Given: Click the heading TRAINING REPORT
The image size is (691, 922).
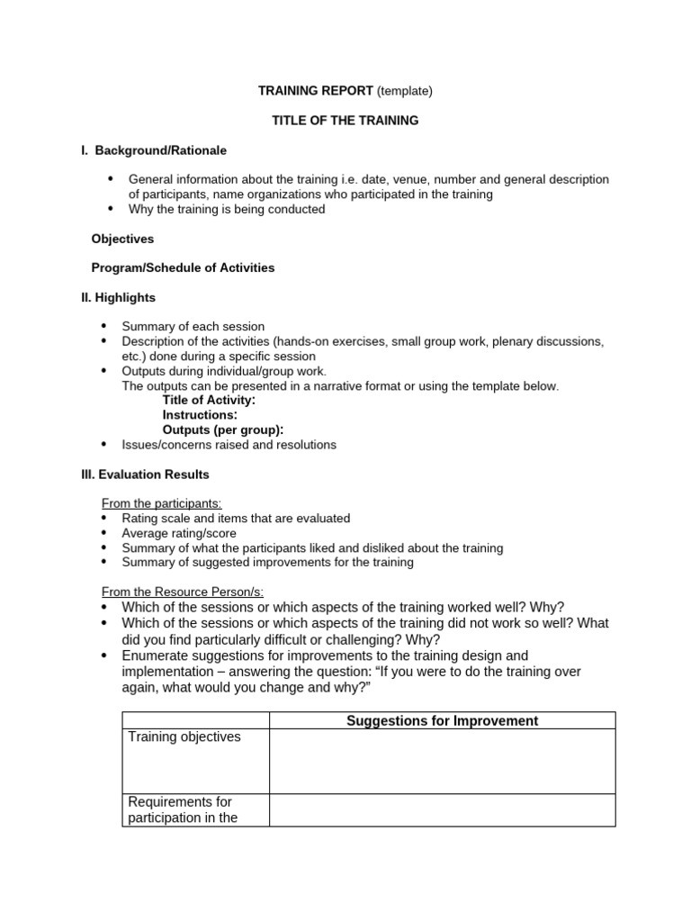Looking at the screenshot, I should click(316, 91).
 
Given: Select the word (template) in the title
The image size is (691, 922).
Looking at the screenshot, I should click(404, 91).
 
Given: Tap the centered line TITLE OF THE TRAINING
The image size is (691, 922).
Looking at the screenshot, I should click(345, 121).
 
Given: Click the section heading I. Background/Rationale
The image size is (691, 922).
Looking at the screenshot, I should click(154, 150).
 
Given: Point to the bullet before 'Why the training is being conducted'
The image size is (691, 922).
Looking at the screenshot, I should click(111, 208).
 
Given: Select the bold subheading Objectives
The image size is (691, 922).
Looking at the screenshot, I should click(122, 239).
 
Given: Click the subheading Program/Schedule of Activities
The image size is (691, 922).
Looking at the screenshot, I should click(183, 268).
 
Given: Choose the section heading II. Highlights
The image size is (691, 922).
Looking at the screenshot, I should click(118, 297).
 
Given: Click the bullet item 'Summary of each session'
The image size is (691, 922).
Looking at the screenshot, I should click(193, 327).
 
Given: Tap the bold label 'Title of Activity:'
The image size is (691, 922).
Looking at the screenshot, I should click(209, 400).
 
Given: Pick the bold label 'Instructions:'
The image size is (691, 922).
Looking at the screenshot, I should click(200, 415).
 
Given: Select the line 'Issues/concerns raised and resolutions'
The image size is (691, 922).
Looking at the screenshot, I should click(229, 445).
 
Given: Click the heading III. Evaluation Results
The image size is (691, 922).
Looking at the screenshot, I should click(145, 475).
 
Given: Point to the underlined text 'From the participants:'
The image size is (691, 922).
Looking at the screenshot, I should click(162, 503).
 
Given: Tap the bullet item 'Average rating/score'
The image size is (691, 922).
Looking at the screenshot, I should click(179, 533).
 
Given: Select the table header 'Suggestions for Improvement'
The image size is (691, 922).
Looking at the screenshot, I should click(442, 720).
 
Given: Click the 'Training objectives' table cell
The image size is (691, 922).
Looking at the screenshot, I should click(184, 737).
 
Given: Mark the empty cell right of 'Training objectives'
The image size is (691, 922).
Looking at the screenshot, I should click(442, 761).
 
